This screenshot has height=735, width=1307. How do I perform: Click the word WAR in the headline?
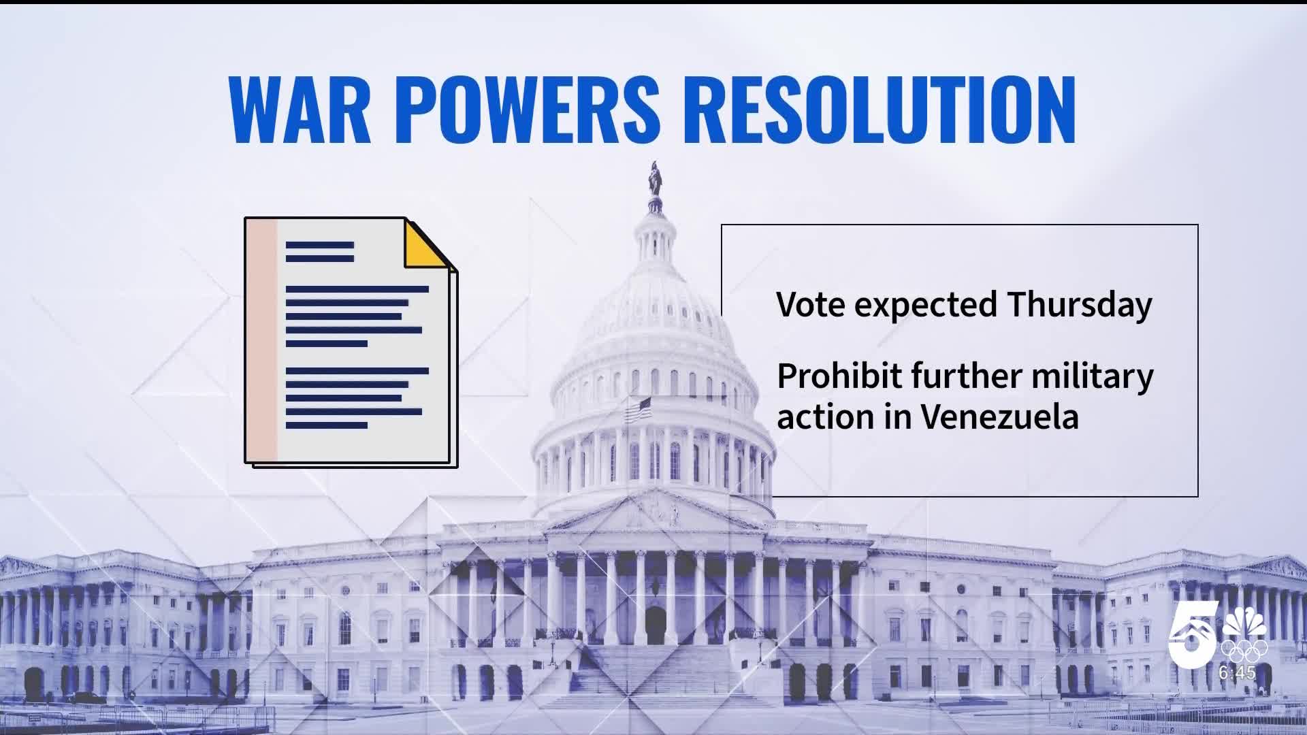pos(300,110)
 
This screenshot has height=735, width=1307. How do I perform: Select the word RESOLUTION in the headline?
pos(887,110)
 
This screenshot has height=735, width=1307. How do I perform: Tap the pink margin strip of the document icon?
pos(262,340)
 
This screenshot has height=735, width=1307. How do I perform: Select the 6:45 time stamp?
pos(1237,673)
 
